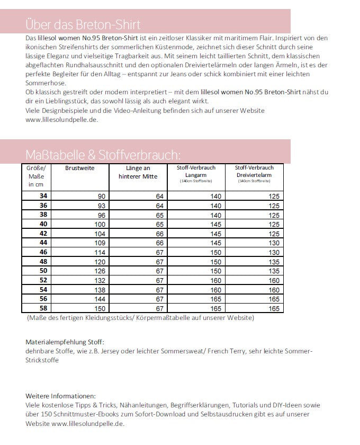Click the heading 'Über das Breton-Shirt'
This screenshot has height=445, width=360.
tap(83, 25)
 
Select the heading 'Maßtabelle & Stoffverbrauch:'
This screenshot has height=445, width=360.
tap(103, 155)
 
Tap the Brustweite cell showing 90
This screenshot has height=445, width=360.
tap(101, 196)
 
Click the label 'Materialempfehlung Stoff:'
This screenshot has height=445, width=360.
tap(65, 342)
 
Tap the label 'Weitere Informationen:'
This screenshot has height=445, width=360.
tap(61, 396)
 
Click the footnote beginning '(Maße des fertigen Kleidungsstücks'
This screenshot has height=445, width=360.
tap(140, 318)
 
